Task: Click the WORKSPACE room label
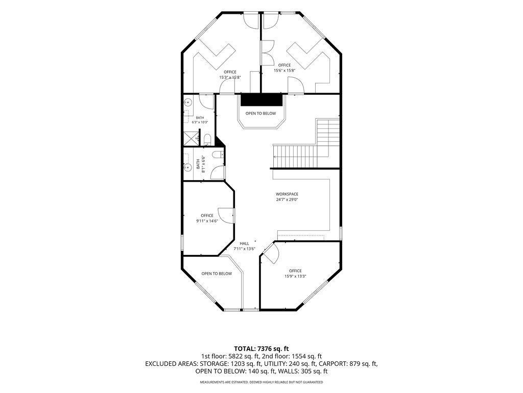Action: (287, 194)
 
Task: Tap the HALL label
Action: (244, 244)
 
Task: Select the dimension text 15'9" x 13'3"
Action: (295, 276)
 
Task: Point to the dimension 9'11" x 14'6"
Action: (207, 221)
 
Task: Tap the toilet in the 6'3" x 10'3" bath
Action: (207, 140)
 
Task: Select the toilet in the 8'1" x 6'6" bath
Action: (218, 155)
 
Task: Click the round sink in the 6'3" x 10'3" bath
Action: (188, 101)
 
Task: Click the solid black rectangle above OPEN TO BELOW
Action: (261, 100)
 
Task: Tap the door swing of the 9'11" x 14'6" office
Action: (226, 215)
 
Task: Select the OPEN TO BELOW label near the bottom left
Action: (217, 274)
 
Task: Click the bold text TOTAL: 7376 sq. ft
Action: (261, 349)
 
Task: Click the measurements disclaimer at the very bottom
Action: (261, 382)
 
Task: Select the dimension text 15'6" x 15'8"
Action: (284, 71)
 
